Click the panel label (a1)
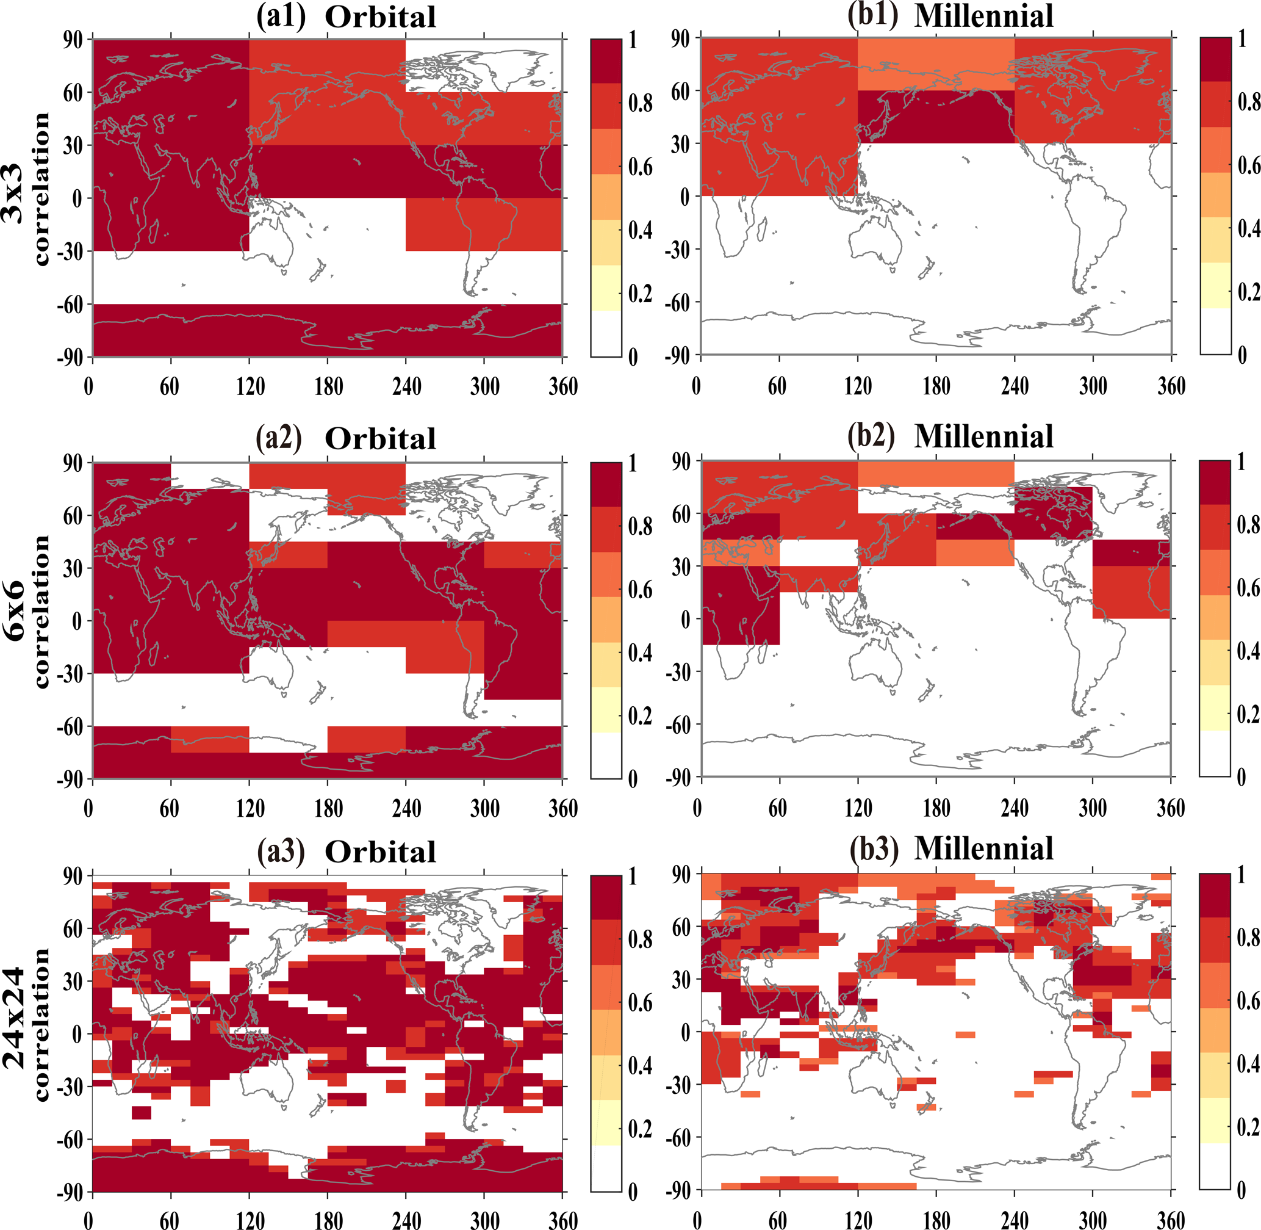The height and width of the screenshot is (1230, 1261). [x=281, y=17]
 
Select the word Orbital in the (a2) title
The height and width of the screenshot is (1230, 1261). [x=380, y=439]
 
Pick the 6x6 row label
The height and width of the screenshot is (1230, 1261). [x=14, y=610]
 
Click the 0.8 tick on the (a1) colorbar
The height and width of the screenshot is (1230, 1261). [x=640, y=103]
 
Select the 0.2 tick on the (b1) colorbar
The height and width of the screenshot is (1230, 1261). [x=1248, y=292]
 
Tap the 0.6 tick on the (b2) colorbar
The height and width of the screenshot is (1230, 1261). [x=1248, y=588]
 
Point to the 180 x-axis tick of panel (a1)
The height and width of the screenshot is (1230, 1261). [x=329, y=387]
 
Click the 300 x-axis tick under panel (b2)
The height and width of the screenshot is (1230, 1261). [x=1093, y=808]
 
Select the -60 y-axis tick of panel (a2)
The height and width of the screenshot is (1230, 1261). [x=71, y=726]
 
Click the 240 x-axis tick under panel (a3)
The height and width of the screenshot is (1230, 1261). [x=407, y=1220]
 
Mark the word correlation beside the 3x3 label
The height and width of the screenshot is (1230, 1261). [x=40, y=189]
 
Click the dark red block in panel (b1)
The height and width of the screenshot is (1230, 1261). [x=936, y=117]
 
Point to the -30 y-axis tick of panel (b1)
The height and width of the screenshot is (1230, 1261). [x=678, y=250]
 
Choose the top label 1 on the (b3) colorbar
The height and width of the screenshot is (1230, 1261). [x=1241, y=875]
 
